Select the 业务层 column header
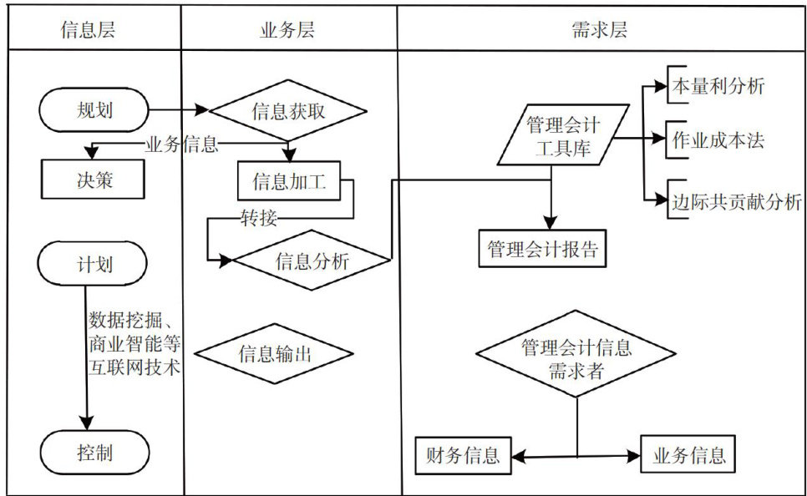click(x=287, y=31)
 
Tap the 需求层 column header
click(x=600, y=31)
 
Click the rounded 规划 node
click(x=93, y=110)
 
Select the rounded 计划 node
click(x=93, y=265)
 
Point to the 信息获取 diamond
click(x=288, y=110)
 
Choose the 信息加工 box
click(x=289, y=181)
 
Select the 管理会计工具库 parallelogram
click(x=563, y=135)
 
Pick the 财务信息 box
click(x=463, y=455)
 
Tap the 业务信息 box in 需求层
click(x=688, y=455)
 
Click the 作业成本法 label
click(x=717, y=139)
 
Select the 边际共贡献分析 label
click(x=735, y=201)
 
